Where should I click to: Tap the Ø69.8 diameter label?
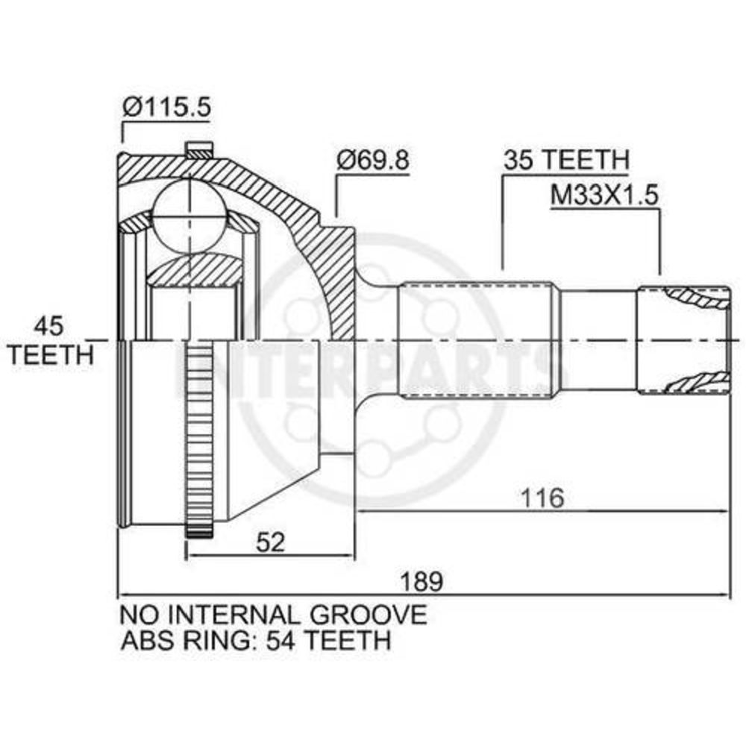[372, 160]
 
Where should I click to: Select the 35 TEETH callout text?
[566, 160]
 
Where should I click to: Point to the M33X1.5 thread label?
[604, 194]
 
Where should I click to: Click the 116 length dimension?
[542, 498]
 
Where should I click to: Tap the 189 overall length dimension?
[421, 581]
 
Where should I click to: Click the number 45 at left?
[48, 327]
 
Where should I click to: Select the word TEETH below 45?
[51, 354]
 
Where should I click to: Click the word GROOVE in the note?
[369, 615]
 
